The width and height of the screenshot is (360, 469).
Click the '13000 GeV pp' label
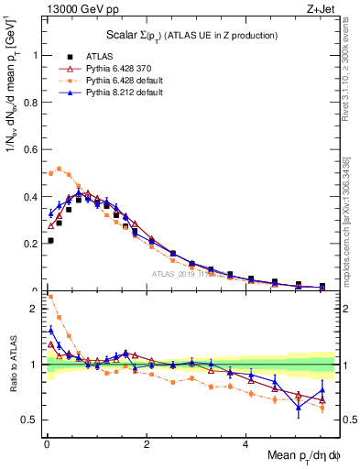[x=74, y=8]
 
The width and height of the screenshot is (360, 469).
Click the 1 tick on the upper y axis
[x=35, y=55]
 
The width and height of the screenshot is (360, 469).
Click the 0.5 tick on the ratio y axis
[x=30, y=420]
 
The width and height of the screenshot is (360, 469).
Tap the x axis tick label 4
[x=245, y=446]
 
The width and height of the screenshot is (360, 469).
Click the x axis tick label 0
[x=46, y=446]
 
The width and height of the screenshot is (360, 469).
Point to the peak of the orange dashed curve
[x=60, y=168]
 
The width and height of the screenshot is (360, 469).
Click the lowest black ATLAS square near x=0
[x=49, y=240]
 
